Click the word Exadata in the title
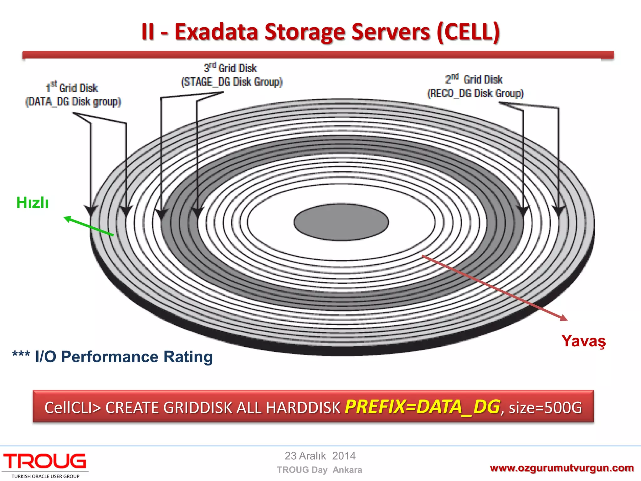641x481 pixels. click(x=216, y=32)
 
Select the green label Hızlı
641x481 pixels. click(x=33, y=203)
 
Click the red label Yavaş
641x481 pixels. click(x=583, y=341)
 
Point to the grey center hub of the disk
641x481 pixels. click(x=341, y=222)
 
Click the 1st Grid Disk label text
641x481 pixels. click(x=72, y=88)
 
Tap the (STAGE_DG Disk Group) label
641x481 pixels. click(x=232, y=82)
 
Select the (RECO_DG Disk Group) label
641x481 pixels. click(x=475, y=93)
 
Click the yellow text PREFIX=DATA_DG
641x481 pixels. click(x=422, y=407)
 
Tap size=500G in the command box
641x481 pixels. click(x=545, y=407)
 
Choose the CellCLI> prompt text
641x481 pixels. click(x=73, y=408)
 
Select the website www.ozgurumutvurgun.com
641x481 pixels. click(x=562, y=468)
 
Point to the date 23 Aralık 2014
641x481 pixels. click(x=320, y=456)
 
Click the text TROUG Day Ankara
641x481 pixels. click(x=319, y=470)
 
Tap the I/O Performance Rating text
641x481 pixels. click(x=124, y=357)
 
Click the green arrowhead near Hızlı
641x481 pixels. click(x=67, y=218)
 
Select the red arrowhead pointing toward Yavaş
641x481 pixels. click(x=563, y=318)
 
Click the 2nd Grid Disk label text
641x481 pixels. click(x=474, y=80)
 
